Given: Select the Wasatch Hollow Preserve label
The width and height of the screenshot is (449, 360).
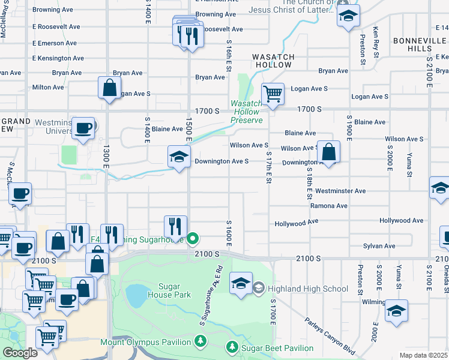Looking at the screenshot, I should click(x=247, y=112).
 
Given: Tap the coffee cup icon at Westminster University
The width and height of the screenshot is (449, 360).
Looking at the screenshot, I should click(x=83, y=127).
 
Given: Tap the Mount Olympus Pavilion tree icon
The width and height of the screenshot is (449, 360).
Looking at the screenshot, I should click(x=200, y=342).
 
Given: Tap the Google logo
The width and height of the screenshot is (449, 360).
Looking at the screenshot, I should click(x=20, y=353).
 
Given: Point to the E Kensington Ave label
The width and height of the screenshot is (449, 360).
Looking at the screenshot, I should click(x=56, y=58).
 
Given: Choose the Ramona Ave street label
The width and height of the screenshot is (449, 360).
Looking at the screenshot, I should click(x=329, y=206).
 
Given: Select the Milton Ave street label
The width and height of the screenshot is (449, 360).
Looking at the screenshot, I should click(x=48, y=87).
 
